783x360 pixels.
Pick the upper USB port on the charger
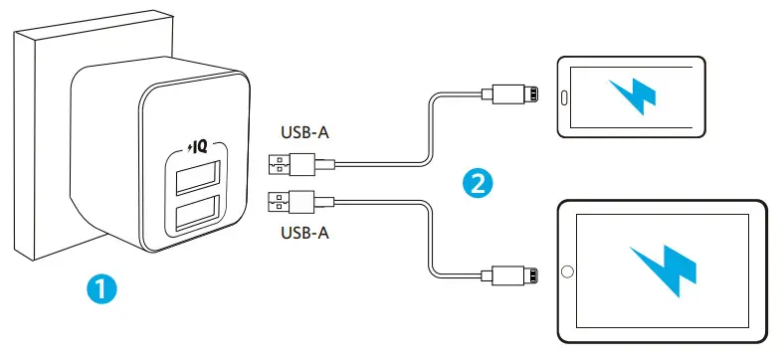pyautogui.click(x=196, y=182)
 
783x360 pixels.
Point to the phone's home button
pyautogui.click(x=564, y=96)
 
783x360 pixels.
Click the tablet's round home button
pyautogui.click(x=567, y=270)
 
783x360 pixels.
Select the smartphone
pyautogui.click(x=633, y=96)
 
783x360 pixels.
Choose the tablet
pyautogui.click(x=661, y=270)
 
